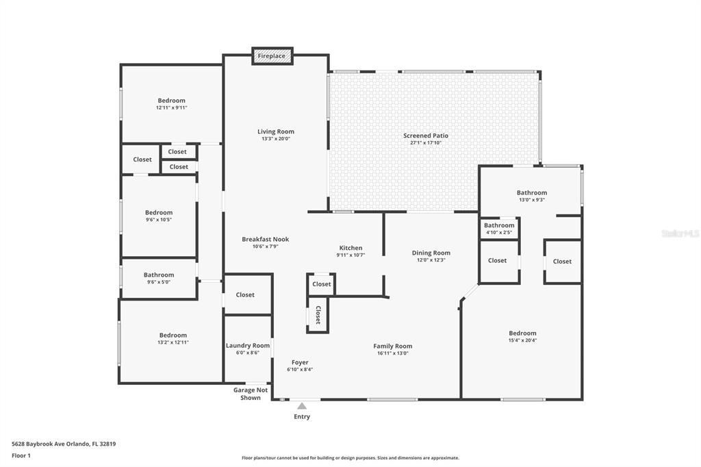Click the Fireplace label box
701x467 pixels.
[x=272, y=56]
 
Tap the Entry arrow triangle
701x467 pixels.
[x=302, y=406]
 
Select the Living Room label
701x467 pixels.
[x=276, y=131]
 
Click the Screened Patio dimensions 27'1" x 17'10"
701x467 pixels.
[x=426, y=142]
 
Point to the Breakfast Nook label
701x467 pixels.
[x=266, y=239]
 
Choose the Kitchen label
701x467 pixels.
[x=351, y=248]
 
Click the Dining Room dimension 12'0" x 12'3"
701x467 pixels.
[x=431, y=260]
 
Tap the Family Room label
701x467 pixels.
[x=393, y=346]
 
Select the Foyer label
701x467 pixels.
[x=300, y=362]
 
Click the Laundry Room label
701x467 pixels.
[x=248, y=345]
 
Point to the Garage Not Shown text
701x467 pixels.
[x=251, y=394]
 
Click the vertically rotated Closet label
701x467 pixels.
[x=318, y=314]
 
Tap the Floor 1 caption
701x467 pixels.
[x=21, y=456]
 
